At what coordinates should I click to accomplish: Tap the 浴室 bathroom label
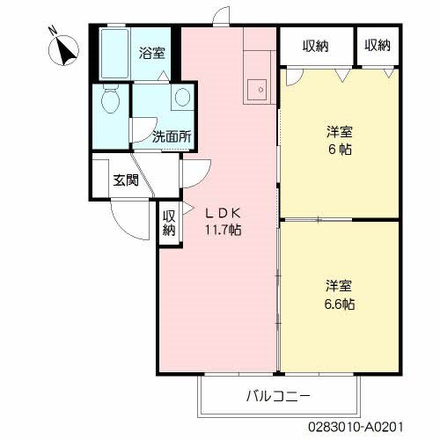(x=151, y=53)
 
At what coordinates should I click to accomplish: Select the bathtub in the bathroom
(x=114, y=54)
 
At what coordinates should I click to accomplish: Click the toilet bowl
(x=111, y=99)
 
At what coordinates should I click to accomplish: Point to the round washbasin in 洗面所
(x=182, y=97)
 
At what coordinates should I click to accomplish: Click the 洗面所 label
(x=172, y=136)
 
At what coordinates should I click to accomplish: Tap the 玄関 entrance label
(x=126, y=180)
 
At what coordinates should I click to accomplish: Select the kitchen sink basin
(x=257, y=90)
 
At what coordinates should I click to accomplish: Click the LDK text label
(x=223, y=213)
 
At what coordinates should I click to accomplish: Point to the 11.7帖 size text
(x=223, y=230)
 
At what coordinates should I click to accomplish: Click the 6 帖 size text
(x=340, y=150)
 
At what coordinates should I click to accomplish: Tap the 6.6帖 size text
(x=340, y=304)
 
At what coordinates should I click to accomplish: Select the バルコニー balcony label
(x=278, y=397)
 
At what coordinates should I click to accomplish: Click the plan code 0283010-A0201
(x=356, y=427)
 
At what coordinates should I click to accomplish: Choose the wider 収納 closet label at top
(x=316, y=46)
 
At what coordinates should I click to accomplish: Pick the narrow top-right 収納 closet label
(x=378, y=45)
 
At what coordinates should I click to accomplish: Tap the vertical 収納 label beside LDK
(x=169, y=224)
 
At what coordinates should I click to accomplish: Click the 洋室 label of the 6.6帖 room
(x=339, y=286)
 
